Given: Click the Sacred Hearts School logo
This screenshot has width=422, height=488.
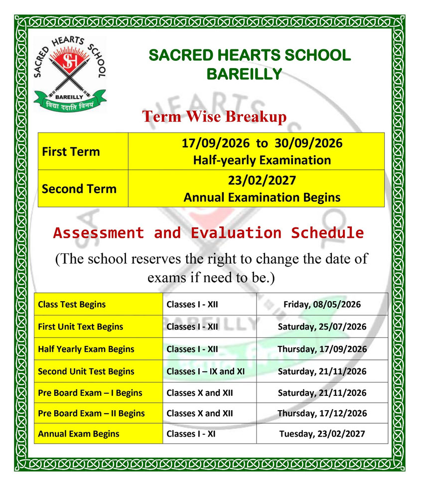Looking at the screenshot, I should pos(69,74).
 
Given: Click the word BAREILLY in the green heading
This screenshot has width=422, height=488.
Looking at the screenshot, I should pos(244,74).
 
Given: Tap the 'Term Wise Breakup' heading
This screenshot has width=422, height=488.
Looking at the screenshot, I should pos(215,117).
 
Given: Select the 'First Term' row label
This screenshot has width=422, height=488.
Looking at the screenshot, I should pos(71,152).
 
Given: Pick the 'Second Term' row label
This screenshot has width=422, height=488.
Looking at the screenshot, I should pos(79,189).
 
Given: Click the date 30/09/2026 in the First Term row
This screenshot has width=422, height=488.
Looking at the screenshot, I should pos(308,144).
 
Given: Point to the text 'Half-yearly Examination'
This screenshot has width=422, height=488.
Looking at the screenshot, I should pos(262,160).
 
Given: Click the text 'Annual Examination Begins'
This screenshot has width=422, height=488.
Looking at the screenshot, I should pos(262,197).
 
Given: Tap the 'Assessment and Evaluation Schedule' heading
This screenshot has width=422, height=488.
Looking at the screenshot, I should pos(208,232).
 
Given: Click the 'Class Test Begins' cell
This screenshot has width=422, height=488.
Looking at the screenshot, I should pos(72,304).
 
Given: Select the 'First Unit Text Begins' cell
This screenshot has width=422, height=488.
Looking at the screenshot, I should pos(80,326).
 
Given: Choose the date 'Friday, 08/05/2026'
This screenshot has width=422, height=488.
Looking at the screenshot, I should pos(322,304).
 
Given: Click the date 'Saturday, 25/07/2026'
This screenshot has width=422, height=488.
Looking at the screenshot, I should pos(322,326).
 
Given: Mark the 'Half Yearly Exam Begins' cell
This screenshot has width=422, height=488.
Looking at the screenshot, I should pos(86,349).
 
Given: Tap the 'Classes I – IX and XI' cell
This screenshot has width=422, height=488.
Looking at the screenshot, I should pos(205,371).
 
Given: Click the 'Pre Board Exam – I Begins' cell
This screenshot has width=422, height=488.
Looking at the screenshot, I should pos(90,393).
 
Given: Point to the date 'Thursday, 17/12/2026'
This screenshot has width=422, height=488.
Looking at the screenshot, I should pos(322,413).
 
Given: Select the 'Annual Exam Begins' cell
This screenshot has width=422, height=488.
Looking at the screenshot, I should pos(78,434).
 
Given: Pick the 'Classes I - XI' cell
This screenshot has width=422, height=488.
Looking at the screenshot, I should pos(191,434).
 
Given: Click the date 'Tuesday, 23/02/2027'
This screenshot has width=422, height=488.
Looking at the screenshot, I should pos(322,434).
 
